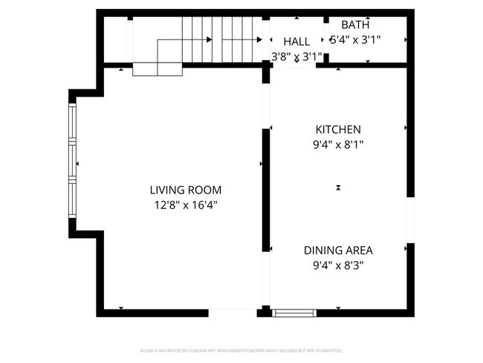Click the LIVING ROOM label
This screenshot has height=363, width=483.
(185, 190)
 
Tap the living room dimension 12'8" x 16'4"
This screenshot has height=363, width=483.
(185, 204)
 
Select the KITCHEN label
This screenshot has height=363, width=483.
(338, 129)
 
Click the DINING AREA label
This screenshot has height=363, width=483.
(338, 250)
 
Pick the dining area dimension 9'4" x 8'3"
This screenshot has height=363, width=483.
(338, 264)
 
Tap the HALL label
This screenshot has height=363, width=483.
(296, 42)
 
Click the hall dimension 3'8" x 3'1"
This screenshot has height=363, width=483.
(296, 56)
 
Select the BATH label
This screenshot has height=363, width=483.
(354, 25)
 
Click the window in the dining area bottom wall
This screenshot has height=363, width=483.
(295, 312)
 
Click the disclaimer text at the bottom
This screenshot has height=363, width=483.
(241, 350)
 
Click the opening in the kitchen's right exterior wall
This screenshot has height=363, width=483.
(409, 220)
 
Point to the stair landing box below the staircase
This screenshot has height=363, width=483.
(158, 69)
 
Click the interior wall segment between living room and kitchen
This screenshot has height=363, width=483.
(265, 190)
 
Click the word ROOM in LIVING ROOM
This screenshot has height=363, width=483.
(204, 190)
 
